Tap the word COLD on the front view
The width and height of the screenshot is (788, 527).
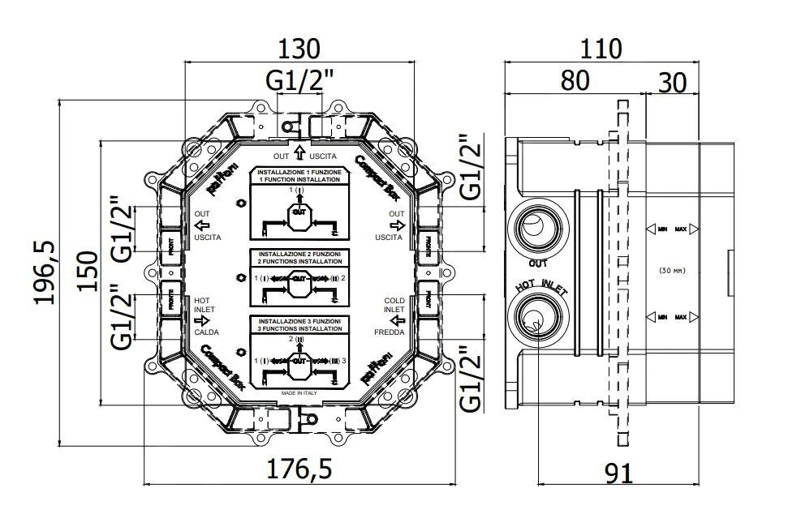[394, 300]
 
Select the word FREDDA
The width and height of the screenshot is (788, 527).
[390, 332]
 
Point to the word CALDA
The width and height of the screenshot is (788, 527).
[206, 332]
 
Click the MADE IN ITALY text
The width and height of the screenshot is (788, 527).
[299, 392]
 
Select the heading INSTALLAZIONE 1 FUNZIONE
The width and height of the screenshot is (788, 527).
[299, 174]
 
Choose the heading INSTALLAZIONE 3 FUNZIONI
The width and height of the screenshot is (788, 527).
[299, 322]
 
